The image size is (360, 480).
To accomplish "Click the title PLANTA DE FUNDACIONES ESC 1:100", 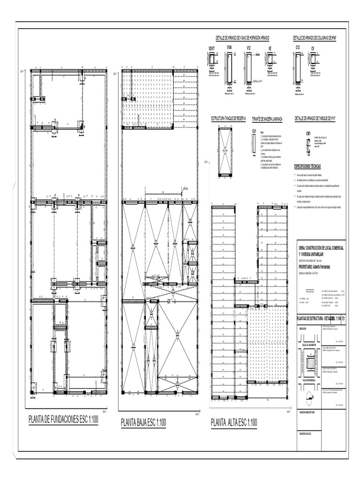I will click(63, 420).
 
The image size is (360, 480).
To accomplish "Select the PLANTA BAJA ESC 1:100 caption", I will click(143, 422).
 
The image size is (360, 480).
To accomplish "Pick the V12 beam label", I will click(249, 48).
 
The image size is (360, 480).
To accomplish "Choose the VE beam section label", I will click(270, 48).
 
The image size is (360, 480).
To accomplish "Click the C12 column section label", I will click(297, 48).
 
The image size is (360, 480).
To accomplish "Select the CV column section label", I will click(313, 48).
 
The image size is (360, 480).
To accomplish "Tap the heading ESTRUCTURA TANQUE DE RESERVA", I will click(228, 119).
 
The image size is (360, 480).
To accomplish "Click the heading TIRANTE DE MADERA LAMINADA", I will click(267, 119).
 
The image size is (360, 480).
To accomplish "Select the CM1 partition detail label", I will click(308, 134).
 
